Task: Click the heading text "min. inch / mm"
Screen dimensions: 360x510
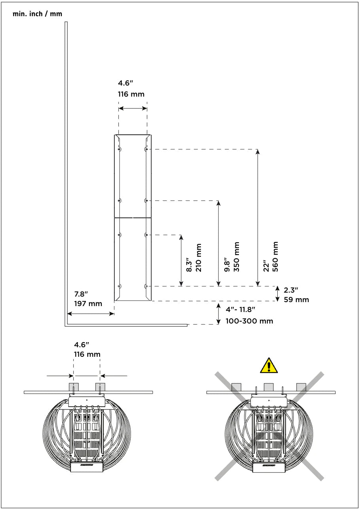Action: point(37,14)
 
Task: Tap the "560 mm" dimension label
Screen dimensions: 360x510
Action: point(275,257)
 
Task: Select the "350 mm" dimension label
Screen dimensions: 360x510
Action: point(237,257)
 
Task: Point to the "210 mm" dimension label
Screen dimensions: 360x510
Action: point(199,257)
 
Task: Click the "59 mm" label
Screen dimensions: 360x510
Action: point(296,300)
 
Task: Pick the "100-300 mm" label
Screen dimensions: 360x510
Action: point(249,321)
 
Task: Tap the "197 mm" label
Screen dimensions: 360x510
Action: point(88,303)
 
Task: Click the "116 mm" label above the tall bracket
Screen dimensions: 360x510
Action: point(131,94)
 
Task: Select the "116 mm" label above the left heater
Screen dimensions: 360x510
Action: point(87,354)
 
